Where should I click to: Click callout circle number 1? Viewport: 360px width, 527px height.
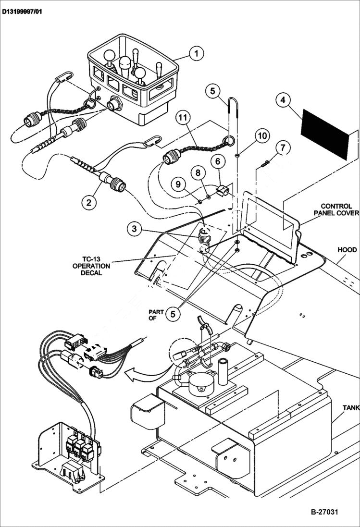click(x=196, y=53)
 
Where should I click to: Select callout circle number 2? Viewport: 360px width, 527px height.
click(x=88, y=202)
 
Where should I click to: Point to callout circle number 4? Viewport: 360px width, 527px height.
click(x=284, y=100)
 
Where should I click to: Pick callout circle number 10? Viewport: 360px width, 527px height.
click(x=261, y=136)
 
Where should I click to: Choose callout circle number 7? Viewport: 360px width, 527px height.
click(x=283, y=147)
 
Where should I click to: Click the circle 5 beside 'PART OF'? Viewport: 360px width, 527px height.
click(x=173, y=314)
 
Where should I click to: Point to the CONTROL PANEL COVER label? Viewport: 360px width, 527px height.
click(x=336, y=209)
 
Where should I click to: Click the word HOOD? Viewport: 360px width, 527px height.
click(x=347, y=250)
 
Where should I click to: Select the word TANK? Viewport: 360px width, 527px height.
click(x=350, y=408)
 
